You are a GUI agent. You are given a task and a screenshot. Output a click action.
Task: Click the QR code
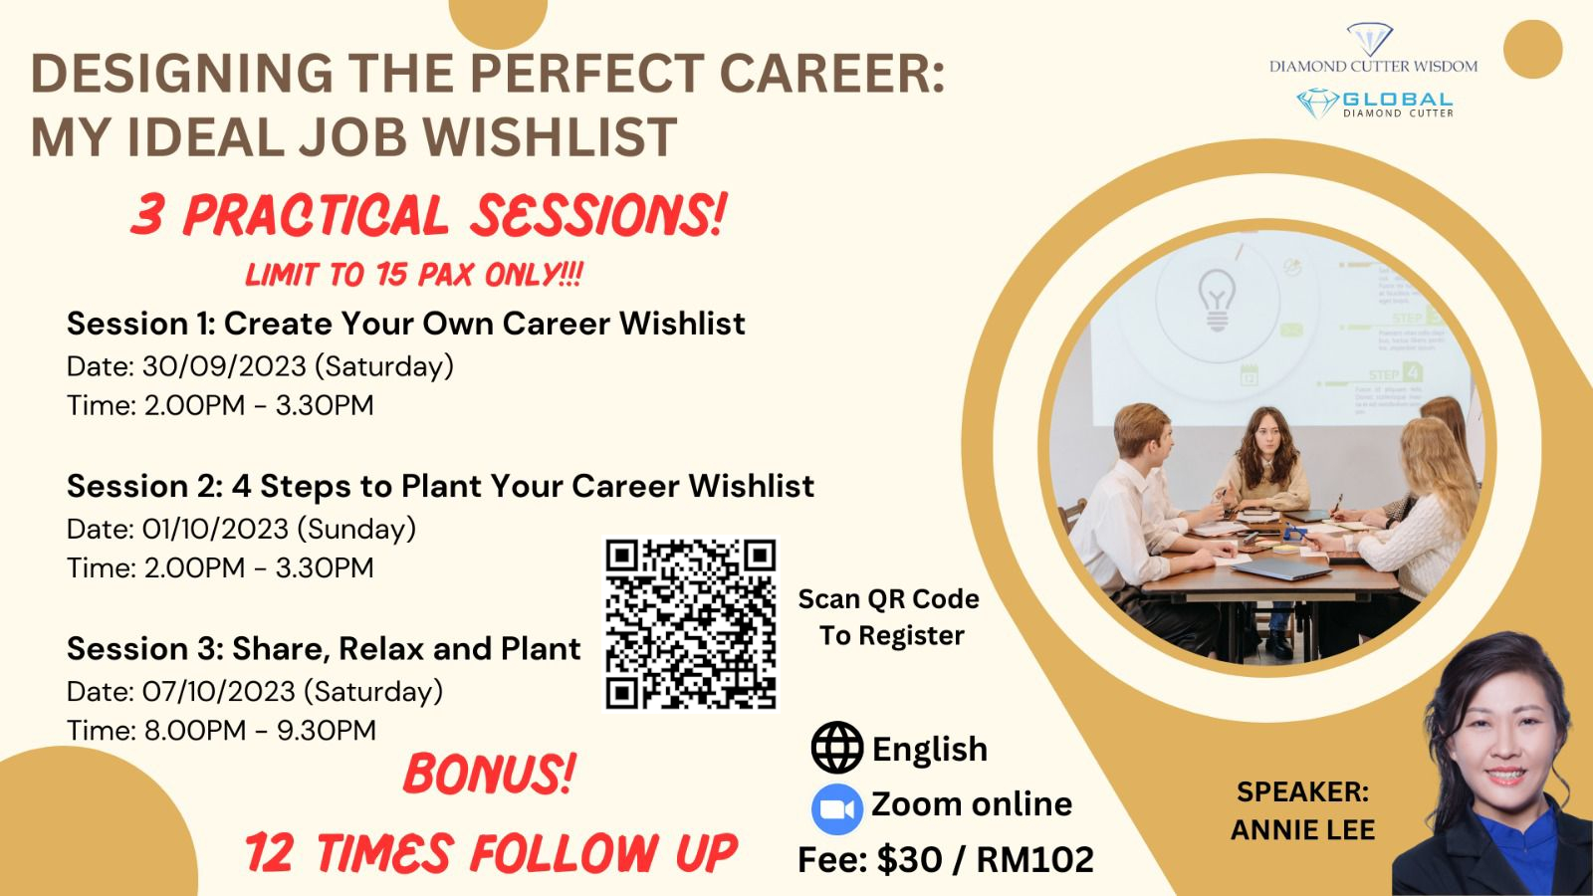691,623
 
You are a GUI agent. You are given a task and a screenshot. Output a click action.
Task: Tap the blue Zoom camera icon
837,808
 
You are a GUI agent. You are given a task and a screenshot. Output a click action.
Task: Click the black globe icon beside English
837,748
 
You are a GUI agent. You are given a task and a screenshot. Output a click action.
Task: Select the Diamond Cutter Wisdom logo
1373,49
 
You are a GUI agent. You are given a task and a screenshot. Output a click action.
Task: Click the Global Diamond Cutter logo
1374,104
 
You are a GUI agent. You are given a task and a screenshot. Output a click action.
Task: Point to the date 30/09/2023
224,366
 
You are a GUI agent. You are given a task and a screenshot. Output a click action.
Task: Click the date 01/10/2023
215,529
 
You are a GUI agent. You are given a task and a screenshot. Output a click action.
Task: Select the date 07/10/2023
218,692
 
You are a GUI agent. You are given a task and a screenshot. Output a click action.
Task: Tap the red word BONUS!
489,774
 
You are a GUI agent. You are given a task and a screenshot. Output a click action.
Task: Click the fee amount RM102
1034,859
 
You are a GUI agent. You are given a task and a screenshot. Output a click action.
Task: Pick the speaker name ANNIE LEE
1303,830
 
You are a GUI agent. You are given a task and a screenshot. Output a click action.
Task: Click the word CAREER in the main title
832,74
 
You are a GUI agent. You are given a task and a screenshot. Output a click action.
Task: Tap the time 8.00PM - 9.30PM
260,731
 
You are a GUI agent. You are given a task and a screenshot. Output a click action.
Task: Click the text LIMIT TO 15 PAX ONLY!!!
414,274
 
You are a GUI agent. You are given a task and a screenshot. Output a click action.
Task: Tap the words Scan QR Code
888,598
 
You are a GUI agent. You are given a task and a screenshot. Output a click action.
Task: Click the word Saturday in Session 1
384,366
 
